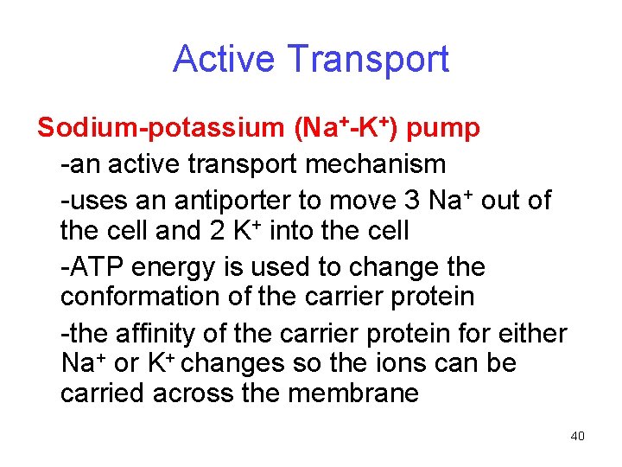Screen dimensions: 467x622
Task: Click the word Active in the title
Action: click(225, 59)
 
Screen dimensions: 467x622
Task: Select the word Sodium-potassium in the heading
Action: click(161, 129)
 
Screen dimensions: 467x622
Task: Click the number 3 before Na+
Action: click(413, 201)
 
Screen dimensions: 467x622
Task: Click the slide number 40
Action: click(578, 436)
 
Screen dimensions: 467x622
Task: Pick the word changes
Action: click(234, 362)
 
